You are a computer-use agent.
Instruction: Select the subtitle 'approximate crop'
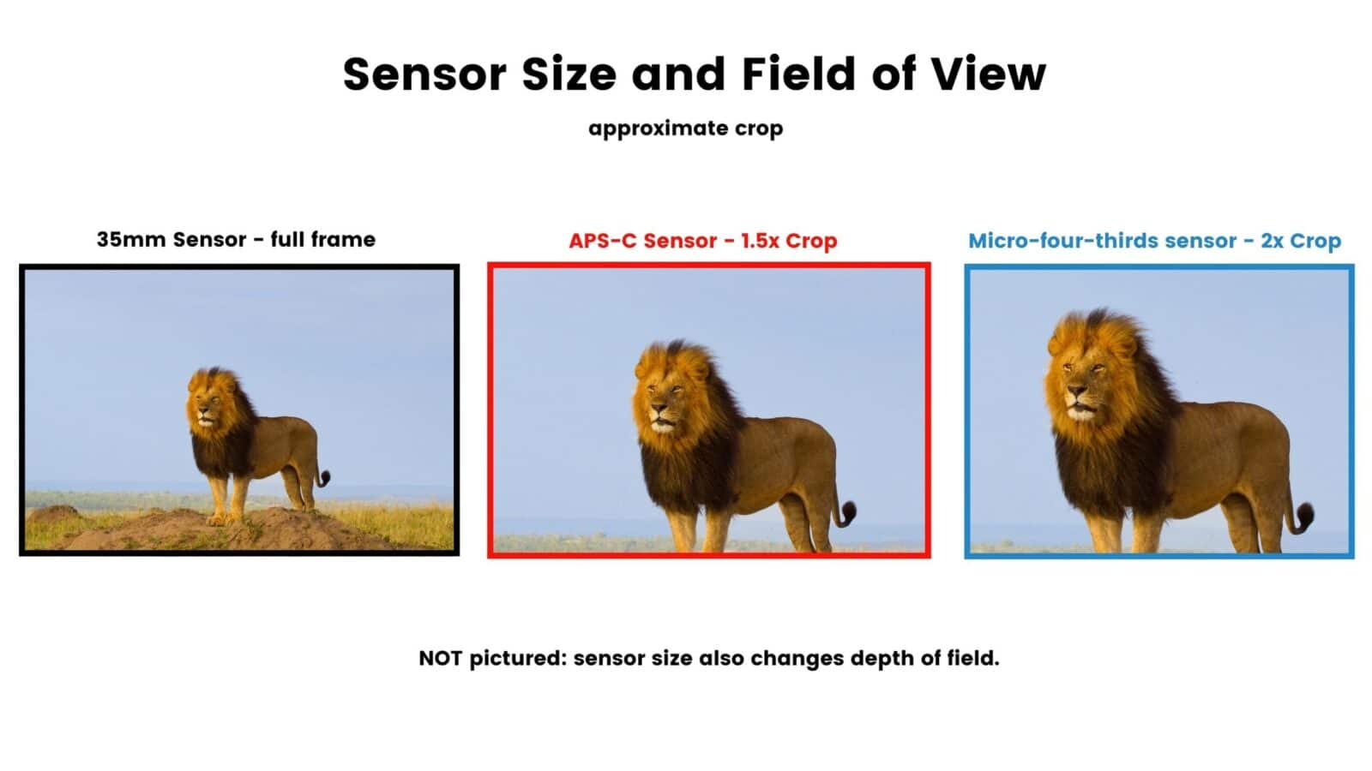coord(685,128)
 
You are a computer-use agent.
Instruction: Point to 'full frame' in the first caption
coord(322,239)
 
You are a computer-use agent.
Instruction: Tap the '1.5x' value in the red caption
coord(759,241)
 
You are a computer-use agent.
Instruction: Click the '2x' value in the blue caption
coord(1273,241)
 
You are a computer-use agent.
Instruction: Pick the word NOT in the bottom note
coord(440,658)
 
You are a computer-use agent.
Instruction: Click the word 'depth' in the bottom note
coord(882,658)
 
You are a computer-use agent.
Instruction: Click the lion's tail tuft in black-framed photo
coord(323,478)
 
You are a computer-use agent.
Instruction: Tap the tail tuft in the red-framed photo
coord(846,513)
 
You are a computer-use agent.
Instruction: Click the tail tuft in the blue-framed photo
coord(1304,517)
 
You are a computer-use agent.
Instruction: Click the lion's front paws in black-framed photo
coord(225,518)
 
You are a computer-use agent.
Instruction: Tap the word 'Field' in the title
coord(798,74)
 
